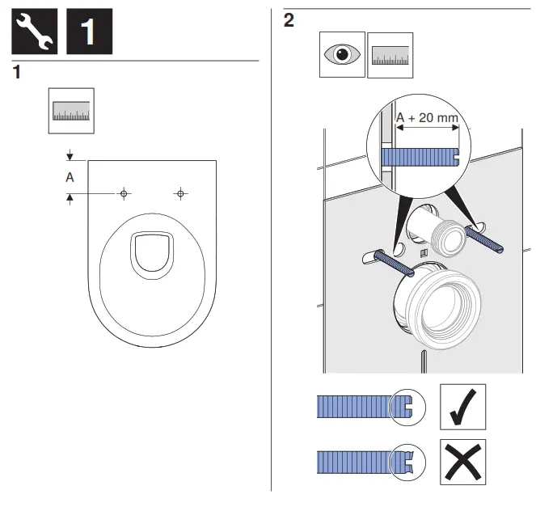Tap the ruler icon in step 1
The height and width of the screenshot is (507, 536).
coord(71,111)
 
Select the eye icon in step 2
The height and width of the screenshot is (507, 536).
coord(341,56)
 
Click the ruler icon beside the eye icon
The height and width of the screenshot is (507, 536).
coord(390,56)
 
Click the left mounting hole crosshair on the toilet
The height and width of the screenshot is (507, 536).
coord(124,193)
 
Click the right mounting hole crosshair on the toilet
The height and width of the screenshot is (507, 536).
coord(179,193)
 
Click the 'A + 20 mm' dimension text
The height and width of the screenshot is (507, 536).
coord(427,118)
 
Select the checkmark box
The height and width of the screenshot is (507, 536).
coord(462,407)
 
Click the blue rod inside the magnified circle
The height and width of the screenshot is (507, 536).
coord(417,154)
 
